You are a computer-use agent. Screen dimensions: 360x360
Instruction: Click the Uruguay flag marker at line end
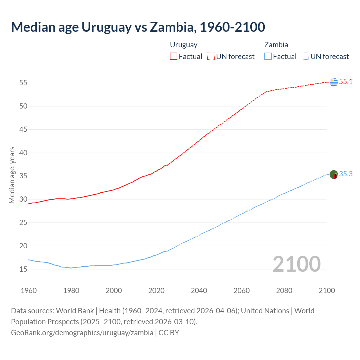tap(334, 82)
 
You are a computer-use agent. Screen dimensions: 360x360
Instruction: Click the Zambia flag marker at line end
tap(334, 174)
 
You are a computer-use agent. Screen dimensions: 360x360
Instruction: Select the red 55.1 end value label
tap(346, 82)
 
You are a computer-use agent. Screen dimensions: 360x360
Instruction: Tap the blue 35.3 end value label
tap(346, 174)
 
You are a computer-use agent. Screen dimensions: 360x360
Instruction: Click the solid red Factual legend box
tap(174, 57)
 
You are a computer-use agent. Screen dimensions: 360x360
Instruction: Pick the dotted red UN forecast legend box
tap(211, 57)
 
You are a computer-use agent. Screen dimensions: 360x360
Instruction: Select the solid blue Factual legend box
tap(268, 57)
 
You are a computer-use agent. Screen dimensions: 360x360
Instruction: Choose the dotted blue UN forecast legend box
tap(305, 57)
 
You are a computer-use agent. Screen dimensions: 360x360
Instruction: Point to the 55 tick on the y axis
tap(23, 83)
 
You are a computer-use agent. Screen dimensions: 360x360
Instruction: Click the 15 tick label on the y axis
tap(23, 269)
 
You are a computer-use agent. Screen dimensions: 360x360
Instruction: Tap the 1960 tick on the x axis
tap(29, 291)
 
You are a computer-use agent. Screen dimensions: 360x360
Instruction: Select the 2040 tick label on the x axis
tap(199, 291)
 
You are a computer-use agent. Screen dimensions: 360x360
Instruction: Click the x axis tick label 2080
tap(284, 291)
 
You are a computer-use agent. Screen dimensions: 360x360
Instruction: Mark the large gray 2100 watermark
tap(297, 264)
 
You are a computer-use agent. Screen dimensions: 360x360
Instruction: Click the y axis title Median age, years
tap(12, 175)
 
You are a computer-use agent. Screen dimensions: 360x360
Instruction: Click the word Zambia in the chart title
tap(172, 27)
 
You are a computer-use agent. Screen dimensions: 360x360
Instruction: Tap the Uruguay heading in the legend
tap(184, 45)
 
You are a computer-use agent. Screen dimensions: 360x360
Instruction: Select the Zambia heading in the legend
tap(276, 45)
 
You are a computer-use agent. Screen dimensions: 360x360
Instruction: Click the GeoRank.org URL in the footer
tap(82, 333)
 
